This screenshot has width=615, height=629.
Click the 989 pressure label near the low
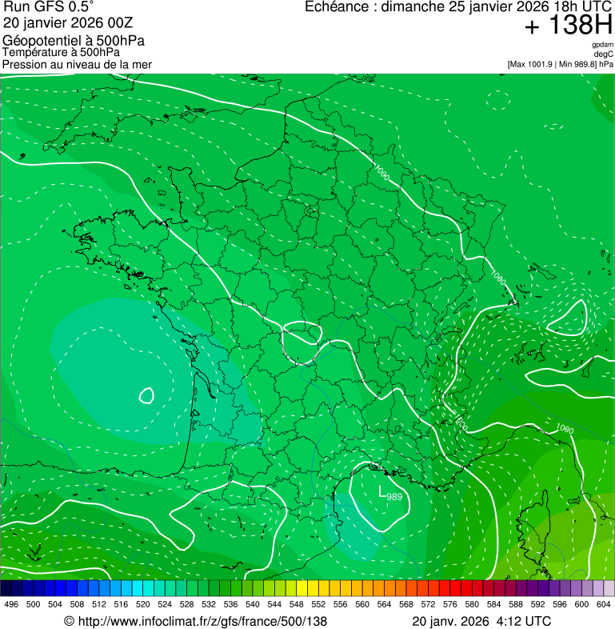[394, 497]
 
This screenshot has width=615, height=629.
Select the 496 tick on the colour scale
[11, 604]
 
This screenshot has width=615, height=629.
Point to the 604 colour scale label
[604, 604]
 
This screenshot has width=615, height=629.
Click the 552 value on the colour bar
[318, 604]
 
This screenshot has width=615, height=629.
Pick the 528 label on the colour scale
[186, 604]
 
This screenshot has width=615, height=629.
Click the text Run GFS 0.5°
[49, 7]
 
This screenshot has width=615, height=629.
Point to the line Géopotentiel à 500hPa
[74, 41]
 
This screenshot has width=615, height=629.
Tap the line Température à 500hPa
[61, 52]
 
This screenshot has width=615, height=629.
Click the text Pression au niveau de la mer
[77, 64]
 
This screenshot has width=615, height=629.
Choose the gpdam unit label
[602, 45]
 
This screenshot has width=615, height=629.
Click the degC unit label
[604, 54]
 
